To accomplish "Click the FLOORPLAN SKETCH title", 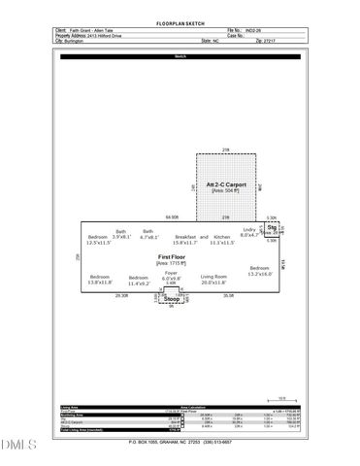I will coord(180,21).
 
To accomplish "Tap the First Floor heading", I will coord(171,255).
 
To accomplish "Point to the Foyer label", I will coord(171,274).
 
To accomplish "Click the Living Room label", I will coord(214,277).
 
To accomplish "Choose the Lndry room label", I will coord(249,230).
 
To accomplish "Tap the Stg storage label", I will coord(272,227).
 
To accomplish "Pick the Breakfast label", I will coord(185,237).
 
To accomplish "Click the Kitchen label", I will coord(222,237).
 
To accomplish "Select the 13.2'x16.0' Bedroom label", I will coord(258,268).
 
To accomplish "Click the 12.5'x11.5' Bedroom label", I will coord(98,237).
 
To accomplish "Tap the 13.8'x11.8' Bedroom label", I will coord(100,277).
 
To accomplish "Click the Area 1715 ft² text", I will coord(171,263).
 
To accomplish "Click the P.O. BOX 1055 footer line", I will coord(180,442).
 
